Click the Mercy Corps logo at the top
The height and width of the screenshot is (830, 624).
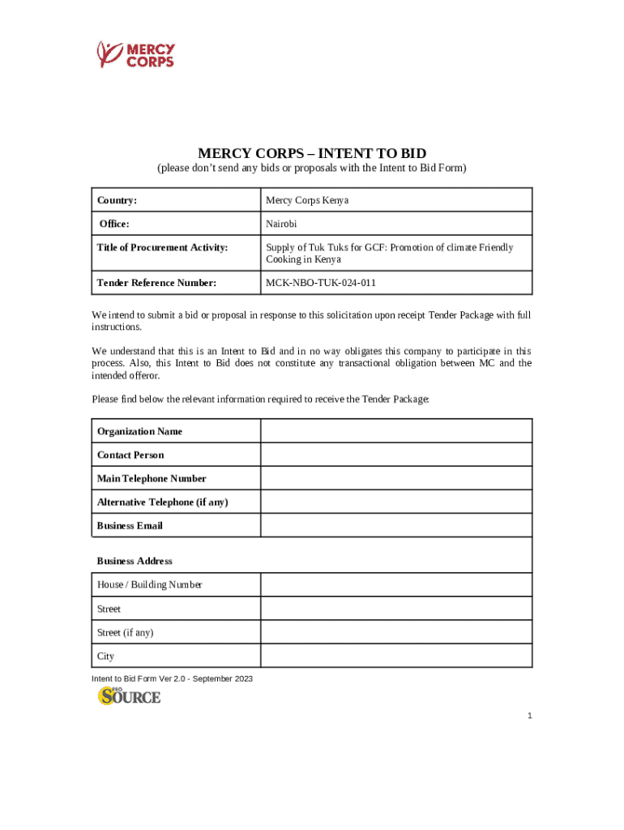coord(135,54)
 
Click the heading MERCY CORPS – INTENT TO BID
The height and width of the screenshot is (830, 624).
coord(312,153)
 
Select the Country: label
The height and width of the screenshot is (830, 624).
coord(117,200)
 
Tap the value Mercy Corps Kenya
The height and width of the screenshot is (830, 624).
coord(307,200)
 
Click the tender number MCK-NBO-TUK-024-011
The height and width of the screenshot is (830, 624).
coord(320,283)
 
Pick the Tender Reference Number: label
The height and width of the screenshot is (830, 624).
coord(156,283)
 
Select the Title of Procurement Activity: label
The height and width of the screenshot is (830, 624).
coord(162,247)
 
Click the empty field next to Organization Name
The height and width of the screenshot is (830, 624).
coord(396,431)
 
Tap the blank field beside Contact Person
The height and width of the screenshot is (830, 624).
coord(396,455)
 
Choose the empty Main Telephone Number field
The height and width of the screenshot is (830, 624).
coord(396,478)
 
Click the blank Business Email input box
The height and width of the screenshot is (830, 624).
coord(396,525)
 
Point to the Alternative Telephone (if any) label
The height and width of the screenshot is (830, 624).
coord(162,502)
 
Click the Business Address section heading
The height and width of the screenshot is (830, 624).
coord(135,561)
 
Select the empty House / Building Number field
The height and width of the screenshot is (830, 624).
coord(396,584)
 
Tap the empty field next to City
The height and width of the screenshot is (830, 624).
coord(396,656)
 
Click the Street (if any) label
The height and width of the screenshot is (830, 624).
coord(125,632)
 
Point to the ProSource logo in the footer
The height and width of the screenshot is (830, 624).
coord(130,695)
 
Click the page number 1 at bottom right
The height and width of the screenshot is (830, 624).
coord(529,716)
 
